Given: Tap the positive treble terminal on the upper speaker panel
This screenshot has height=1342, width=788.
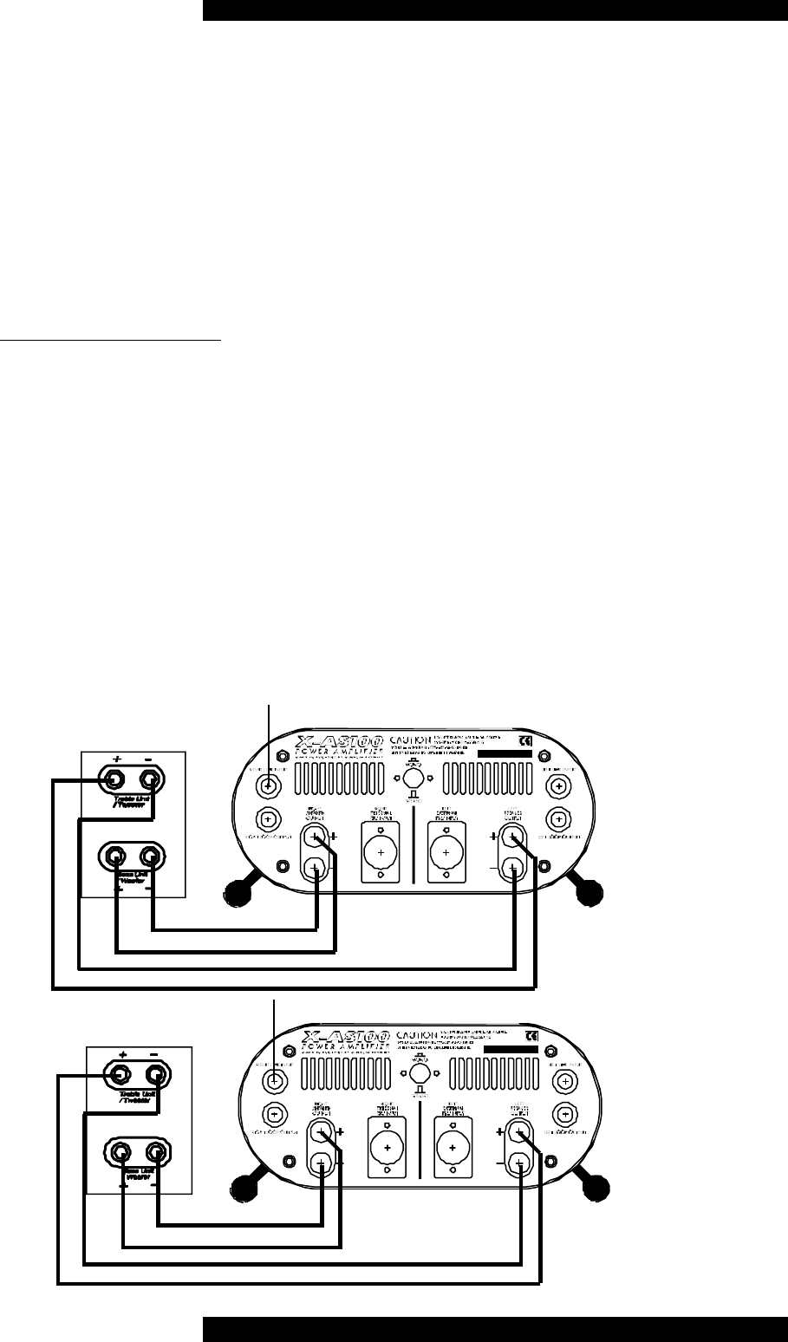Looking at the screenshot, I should pyautogui.click(x=114, y=780).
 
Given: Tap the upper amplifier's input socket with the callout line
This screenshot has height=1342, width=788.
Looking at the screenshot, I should pyautogui.click(x=269, y=786).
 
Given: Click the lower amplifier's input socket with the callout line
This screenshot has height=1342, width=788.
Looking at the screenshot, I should pyautogui.click(x=274, y=1080).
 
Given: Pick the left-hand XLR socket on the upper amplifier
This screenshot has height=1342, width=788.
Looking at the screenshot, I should pyautogui.click(x=378, y=852).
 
